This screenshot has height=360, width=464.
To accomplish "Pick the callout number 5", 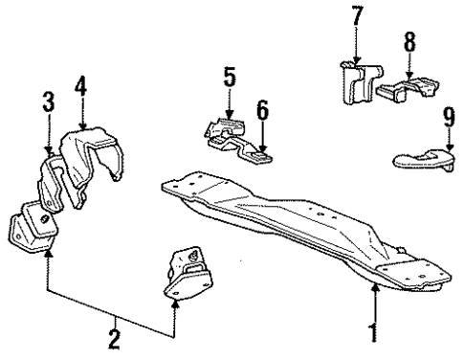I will click(x=229, y=75).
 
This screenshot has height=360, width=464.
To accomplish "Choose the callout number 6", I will click(x=262, y=111).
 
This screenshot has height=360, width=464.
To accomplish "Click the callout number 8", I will click(x=409, y=42).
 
